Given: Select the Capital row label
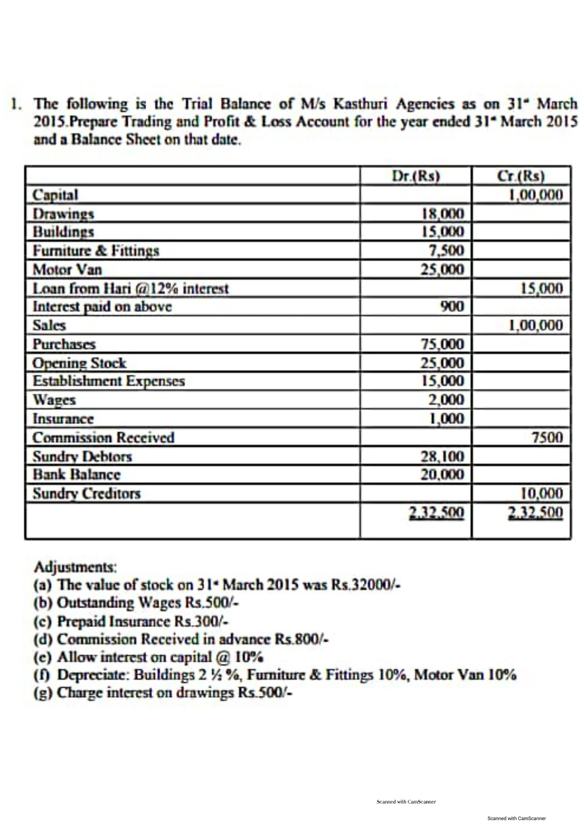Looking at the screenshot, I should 55,195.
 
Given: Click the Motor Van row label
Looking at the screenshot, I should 67,269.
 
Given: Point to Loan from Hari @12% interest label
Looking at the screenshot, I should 130,288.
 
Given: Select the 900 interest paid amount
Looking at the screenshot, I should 452,306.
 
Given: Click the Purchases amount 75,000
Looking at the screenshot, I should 442,344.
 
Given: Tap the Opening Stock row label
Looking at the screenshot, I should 79,363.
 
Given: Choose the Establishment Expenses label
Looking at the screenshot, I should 109,381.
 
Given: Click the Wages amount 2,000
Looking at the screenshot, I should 446,400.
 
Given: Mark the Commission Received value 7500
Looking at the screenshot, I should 547,438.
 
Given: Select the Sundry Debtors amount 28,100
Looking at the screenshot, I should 442,456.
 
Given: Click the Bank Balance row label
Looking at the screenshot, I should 76,474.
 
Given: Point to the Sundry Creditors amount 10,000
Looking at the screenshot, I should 542,494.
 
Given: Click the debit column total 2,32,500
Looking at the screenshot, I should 437,513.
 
